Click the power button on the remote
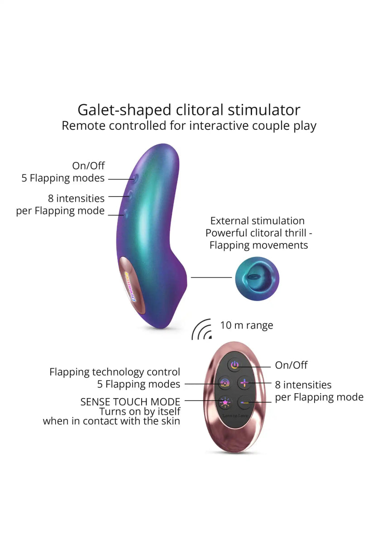click(234, 365)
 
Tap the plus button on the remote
click(244, 383)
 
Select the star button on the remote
click(225, 402)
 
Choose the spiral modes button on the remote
click(225, 383)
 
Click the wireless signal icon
click(202, 330)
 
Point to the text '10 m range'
click(247, 325)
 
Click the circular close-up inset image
click(257, 277)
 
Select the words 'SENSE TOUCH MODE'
click(130, 402)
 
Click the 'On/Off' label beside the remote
click(291, 365)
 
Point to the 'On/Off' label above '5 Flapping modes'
click(88, 166)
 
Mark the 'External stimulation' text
click(257, 221)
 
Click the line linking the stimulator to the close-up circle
click(211, 277)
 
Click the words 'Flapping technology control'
click(115, 372)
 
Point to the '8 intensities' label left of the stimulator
click(76, 198)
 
